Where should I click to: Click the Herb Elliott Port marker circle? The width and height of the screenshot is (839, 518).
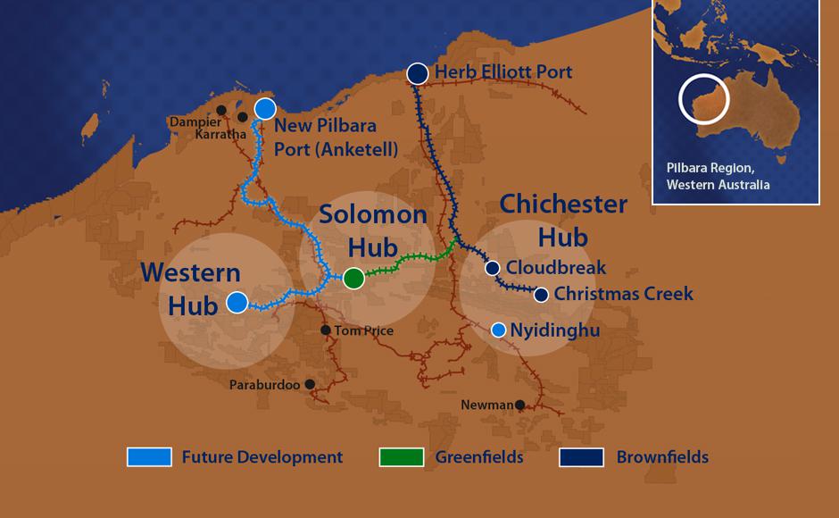[x=417, y=73]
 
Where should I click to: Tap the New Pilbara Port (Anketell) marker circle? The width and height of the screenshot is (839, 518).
[x=265, y=109]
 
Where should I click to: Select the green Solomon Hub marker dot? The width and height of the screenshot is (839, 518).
[x=353, y=279]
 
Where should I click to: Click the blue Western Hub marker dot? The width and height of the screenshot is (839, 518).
[x=237, y=303]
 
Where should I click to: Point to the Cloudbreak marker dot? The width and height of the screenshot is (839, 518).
[x=492, y=268]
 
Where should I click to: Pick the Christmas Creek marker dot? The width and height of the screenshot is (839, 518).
[x=541, y=294]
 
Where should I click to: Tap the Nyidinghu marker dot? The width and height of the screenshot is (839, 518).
[x=499, y=330]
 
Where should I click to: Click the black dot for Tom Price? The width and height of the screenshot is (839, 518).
[x=326, y=330]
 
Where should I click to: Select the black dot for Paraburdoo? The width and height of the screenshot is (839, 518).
[x=310, y=385]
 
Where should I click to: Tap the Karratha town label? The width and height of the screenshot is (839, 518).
[x=220, y=134]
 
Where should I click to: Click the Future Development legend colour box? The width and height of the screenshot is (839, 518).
[x=148, y=457]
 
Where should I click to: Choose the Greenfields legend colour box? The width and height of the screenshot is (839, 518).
[x=401, y=457]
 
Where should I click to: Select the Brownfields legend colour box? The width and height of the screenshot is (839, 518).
[x=581, y=457]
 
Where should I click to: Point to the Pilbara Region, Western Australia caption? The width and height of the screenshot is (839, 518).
[x=718, y=176]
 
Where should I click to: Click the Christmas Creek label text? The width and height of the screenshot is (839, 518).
[x=623, y=294]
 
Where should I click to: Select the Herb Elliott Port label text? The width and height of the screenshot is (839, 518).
[x=503, y=72]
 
